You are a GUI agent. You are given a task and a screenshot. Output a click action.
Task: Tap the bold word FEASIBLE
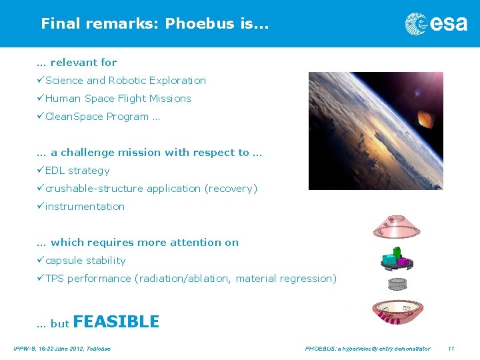pyautogui.click(x=116, y=322)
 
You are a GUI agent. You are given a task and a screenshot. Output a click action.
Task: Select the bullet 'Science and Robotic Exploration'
pyautogui.click(x=125, y=81)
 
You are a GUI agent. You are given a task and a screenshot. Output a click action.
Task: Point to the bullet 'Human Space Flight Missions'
pyautogui.click(x=118, y=99)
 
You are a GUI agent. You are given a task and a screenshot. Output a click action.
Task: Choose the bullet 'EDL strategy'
pyautogui.click(x=77, y=171)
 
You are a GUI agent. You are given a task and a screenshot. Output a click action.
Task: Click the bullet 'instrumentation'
pyautogui.click(x=85, y=207)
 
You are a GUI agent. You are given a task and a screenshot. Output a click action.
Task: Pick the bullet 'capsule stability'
pyautogui.click(x=85, y=261)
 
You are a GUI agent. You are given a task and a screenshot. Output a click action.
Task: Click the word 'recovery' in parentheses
pyautogui.click(x=231, y=189)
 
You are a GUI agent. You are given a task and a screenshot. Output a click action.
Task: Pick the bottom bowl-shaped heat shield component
pyautogui.click(x=397, y=311)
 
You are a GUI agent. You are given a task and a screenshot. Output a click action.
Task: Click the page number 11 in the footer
pyautogui.click(x=451, y=349)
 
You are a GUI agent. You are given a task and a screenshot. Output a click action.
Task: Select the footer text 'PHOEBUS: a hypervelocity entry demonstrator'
pyautogui.click(x=367, y=349)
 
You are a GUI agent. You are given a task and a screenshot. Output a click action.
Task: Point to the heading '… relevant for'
pyautogui.click(x=77, y=63)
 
